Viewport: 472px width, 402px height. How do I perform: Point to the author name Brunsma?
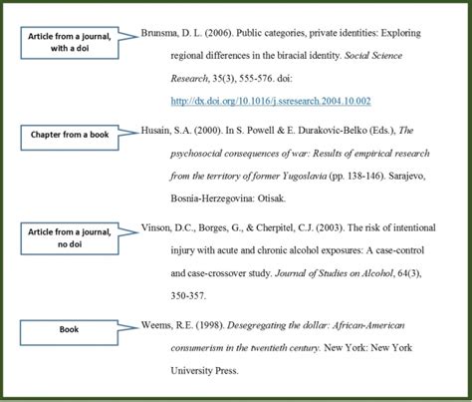[x=167, y=33]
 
